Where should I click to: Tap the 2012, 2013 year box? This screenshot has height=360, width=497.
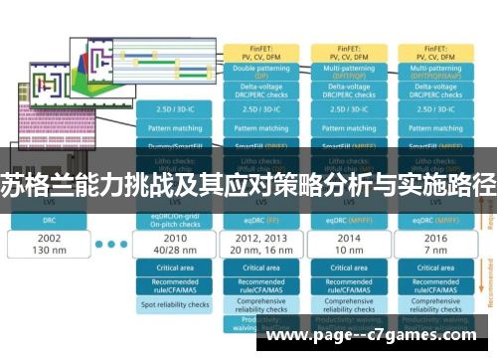click(x=261, y=246)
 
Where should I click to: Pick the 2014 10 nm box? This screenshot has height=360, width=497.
click(x=348, y=246)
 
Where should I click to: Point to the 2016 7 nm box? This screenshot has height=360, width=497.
click(x=433, y=246)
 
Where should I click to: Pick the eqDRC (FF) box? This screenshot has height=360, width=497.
click(x=261, y=220)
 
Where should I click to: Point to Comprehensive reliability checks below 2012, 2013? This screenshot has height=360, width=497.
click(x=261, y=307)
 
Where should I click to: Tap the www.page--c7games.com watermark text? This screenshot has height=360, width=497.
click(x=378, y=338)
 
